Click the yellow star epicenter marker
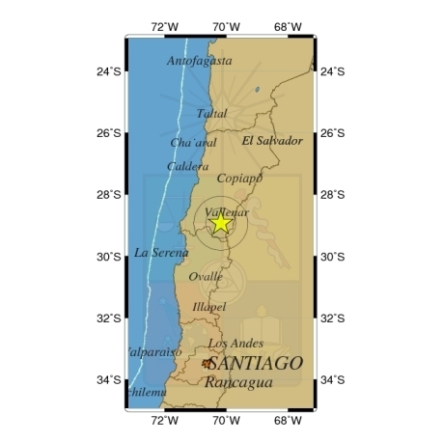(x=221, y=223)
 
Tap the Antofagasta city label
(x=200, y=61)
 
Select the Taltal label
(x=212, y=114)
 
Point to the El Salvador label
(x=271, y=141)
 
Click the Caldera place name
(x=187, y=167)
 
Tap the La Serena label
(x=161, y=253)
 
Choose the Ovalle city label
(x=206, y=277)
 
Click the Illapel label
(x=209, y=308)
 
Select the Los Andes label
(x=234, y=344)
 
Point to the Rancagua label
(x=238, y=382)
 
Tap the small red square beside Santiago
(x=206, y=363)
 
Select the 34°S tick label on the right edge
(x=332, y=379)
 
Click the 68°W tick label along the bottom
(x=289, y=421)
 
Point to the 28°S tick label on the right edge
(x=332, y=195)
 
